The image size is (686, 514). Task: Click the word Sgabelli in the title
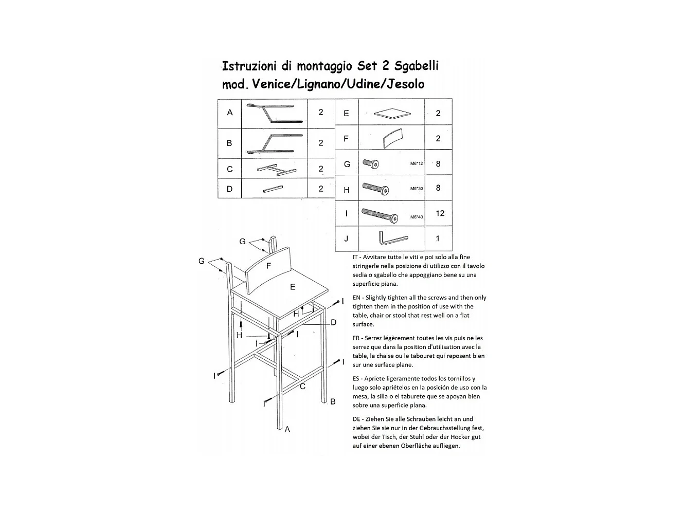[417, 66]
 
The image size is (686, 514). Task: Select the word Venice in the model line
[270, 84]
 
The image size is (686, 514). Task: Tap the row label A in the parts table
[230, 113]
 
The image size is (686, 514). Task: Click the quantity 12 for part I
[440, 213]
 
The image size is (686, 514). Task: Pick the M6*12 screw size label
[417, 164]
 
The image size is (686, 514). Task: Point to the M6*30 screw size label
[417, 189]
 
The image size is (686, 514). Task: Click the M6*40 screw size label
[417, 217]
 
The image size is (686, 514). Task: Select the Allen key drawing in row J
[392, 239]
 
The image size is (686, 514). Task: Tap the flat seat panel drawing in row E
[393, 113]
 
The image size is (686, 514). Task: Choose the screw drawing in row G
[371, 164]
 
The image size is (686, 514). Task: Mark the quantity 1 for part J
[438, 238]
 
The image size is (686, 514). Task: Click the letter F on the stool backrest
[268, 266]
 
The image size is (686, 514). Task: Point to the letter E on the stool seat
[293, 287]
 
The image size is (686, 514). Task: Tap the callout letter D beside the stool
[333, 323]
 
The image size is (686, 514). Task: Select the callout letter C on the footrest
[302, 387]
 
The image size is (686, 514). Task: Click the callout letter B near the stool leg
[333, 401]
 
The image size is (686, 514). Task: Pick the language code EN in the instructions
[356, 298]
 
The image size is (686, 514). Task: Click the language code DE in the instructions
[356, 419]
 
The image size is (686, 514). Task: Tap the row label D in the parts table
[229, 189]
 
